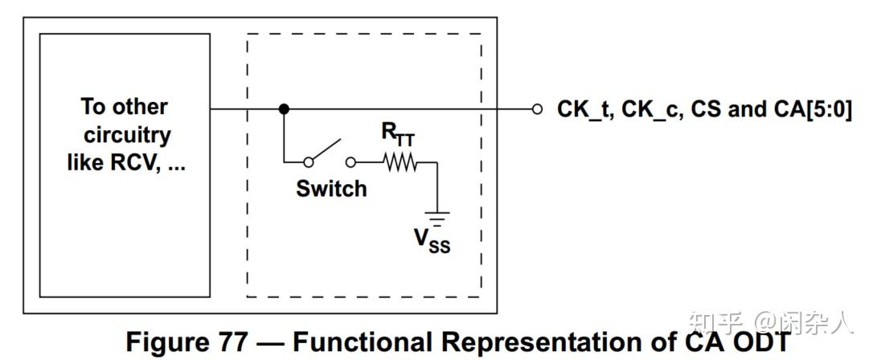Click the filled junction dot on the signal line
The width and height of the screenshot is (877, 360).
[x=283, y=109]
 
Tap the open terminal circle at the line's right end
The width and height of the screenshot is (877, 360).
[x=537, y=109]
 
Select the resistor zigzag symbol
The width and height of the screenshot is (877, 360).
[x=400, y=162]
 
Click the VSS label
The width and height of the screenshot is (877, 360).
[x=432, y=239]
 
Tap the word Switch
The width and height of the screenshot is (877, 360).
[x=331, y=189]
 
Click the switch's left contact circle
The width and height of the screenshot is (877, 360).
[x=308, y=162]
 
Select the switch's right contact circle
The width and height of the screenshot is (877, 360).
[x=350, y=162]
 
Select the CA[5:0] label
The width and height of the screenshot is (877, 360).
[x=812, y=109]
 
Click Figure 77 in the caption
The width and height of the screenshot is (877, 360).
[x=182, y=342]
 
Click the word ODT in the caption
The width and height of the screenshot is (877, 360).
[x=760, y=342]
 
